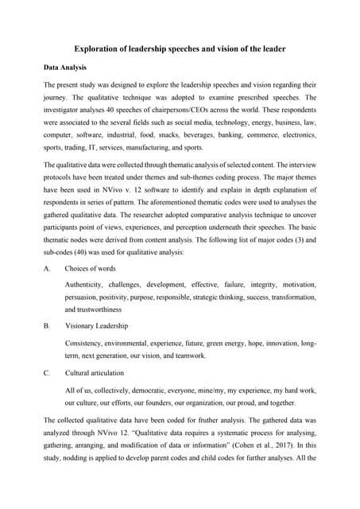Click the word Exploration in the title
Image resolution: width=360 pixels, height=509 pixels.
[x=98, y=50]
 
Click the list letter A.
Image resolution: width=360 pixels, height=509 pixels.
[x=47, y=269]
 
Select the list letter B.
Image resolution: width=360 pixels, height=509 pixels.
[x=47, y=326]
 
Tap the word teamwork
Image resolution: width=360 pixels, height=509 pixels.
[x=188, y=356]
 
